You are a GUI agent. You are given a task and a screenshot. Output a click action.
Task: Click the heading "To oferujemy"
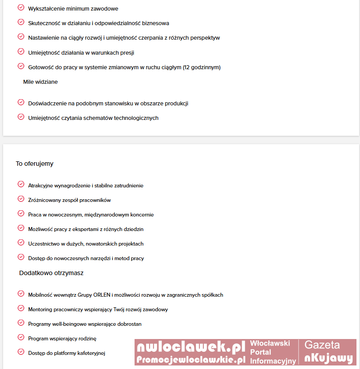(x=34, y=164)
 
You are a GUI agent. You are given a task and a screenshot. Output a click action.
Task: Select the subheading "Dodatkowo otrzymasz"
(x=51, y=273)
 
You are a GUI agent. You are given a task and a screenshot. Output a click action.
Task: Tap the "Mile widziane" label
(x=40, y=82)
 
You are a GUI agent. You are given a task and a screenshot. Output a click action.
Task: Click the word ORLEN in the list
(x=102, y=295)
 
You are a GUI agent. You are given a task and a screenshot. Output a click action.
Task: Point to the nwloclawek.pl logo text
(x=191, y=347)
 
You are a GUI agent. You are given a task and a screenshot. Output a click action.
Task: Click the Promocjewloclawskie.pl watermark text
(x=191, y=359)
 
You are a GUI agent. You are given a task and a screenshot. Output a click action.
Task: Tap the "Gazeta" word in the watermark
(x=322, y=345)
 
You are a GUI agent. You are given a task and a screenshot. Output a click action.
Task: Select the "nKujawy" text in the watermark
(x=329, y=358)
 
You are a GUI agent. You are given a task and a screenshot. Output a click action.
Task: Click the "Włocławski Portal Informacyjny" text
(x=270, y=352)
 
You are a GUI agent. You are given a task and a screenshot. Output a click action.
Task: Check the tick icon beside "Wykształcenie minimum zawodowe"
(x=21, y=8)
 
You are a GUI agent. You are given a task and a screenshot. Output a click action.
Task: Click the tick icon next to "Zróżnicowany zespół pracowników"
(x=21, y=199)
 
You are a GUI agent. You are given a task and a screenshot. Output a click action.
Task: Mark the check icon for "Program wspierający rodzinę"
(x=21, y=338)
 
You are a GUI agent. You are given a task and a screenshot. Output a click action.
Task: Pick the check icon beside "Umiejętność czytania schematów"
(x=21, y=117)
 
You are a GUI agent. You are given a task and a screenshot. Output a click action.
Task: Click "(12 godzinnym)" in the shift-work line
(x=201, y=67)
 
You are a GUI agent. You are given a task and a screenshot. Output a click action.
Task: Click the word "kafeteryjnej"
(x=90, y=353)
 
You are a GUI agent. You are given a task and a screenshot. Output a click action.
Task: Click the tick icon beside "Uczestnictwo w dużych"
(x=21, y=243)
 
